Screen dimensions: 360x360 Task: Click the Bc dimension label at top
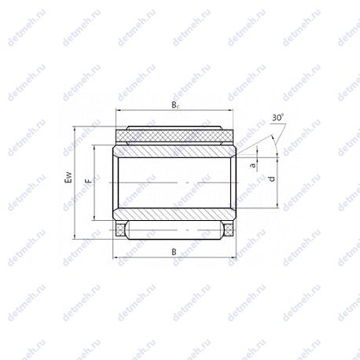pos(175,105)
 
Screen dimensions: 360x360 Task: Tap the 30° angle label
pos(278,118)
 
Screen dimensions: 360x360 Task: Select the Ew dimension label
pos(68,178)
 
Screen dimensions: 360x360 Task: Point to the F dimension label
pos(89,181)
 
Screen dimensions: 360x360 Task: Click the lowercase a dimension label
pos(253,165)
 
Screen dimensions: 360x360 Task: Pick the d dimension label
pos(272,179)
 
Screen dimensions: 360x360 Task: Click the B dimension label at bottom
pos(174,252)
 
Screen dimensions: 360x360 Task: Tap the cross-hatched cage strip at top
pos(174,136)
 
